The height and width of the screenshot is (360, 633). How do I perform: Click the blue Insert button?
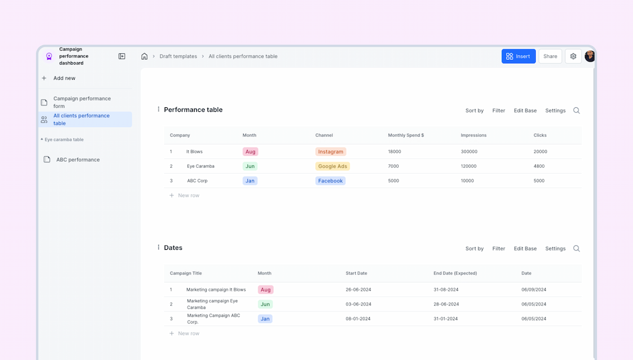click(x=518, y=56)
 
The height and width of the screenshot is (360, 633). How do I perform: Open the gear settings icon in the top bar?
click(x=573, y=56)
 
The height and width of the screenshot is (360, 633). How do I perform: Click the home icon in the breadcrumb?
click(x=144, y=56)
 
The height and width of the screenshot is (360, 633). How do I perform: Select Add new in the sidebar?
click(x=64, y=78)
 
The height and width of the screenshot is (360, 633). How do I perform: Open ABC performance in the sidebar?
click(x=77, y=159)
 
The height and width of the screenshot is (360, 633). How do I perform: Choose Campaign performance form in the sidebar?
click(x=81, y=103)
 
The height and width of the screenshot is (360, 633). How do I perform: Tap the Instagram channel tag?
click(x=331, y=152)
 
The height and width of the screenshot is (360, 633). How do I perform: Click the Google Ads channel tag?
click(x=332, y=167)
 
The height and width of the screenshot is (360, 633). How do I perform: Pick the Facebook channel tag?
click(x=330, y=181)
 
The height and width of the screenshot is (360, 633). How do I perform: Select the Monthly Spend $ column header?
click(x=406, y=135)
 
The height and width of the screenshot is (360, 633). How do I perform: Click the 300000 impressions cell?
click(x=469, y=152)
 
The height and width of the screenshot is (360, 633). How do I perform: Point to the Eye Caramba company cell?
click(x=200, y=167)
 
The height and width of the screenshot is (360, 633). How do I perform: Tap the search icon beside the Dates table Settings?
click(x=576, y=249)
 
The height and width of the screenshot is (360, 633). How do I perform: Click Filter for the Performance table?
click(x=498, y=111)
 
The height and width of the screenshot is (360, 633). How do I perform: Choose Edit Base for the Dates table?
click(x=525, y=249)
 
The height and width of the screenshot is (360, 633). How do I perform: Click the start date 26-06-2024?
click(x=358, y=290)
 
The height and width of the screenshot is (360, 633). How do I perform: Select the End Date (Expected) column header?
click(x=455, y=273)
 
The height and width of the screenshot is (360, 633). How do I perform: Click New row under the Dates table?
click(x=188, y=334)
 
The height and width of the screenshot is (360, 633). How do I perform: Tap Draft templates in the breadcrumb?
click(x=178, y=56)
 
